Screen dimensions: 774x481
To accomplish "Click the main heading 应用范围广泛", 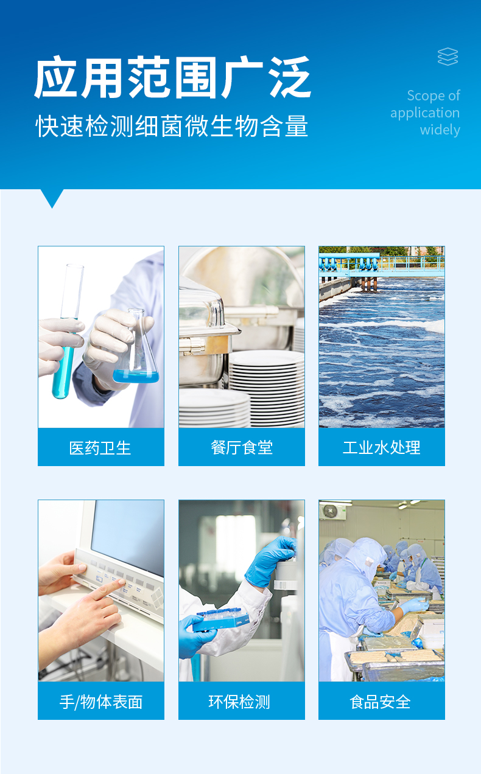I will click(x=173, y=78).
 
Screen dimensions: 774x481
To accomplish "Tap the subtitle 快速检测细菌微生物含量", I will click(x=172, y=126).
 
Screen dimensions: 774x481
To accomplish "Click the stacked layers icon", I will click(x=448, y=57).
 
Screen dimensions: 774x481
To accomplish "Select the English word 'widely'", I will click(x=440, y=130).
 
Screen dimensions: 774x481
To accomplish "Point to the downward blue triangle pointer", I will click(x=52, y=198).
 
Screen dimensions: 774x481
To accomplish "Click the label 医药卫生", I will click(x=100, y=448).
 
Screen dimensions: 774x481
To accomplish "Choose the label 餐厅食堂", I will click(x=242, y=448).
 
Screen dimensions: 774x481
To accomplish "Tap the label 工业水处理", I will click(x=382, y=448).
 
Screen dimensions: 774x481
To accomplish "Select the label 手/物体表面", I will click(x=100, y=702).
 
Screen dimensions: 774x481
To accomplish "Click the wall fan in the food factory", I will click(x=330, y=511).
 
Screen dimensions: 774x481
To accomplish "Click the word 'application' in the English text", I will click(x=425, y=113).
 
